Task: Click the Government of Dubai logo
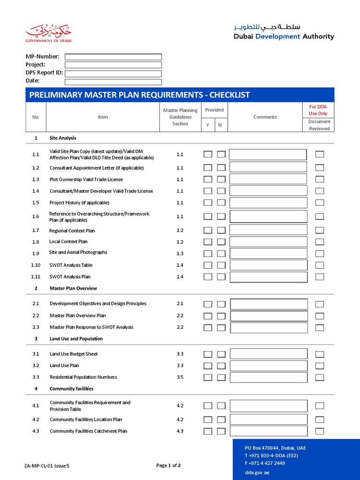click(x=49, y=34)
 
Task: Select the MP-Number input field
click(x=113, y=57)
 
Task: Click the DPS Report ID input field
click(x=113, y=74)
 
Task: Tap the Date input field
click(x=113, y=82)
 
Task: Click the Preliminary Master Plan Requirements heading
click(x=140, y=95)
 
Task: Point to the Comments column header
click(x=265, y=117)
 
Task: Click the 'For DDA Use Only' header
click(x=318, y=110)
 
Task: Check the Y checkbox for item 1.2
click(x=208, y=168)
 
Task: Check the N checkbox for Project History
click(x=221, y=203)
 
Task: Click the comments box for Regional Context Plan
click(x=269, y=231)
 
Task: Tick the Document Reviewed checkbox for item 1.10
click(x=320, y=265)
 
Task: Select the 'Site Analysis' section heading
click(x=63, y=138)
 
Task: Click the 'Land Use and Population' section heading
click(x=76, y=339)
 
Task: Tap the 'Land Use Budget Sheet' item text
click(x=74, y=354)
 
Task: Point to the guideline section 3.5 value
click(x=180, y=377)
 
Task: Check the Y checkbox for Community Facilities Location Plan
click(x=208, y=420)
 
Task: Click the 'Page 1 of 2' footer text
click(x=168, y=465)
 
